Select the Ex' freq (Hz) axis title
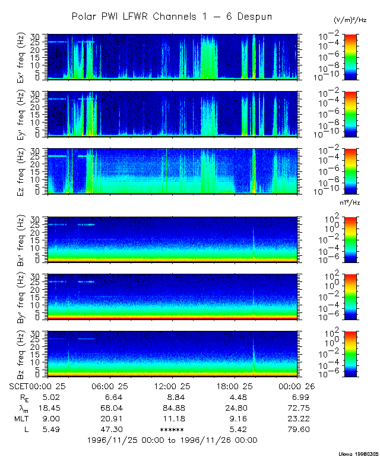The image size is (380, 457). tap(35, 57)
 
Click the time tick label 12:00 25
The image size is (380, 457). tap(172, 385)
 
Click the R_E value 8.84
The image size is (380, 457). tap(172, 396)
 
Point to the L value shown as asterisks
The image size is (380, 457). tap(172, 429)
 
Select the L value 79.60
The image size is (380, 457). tap(297, 429)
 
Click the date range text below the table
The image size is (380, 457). tap(172, 440)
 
